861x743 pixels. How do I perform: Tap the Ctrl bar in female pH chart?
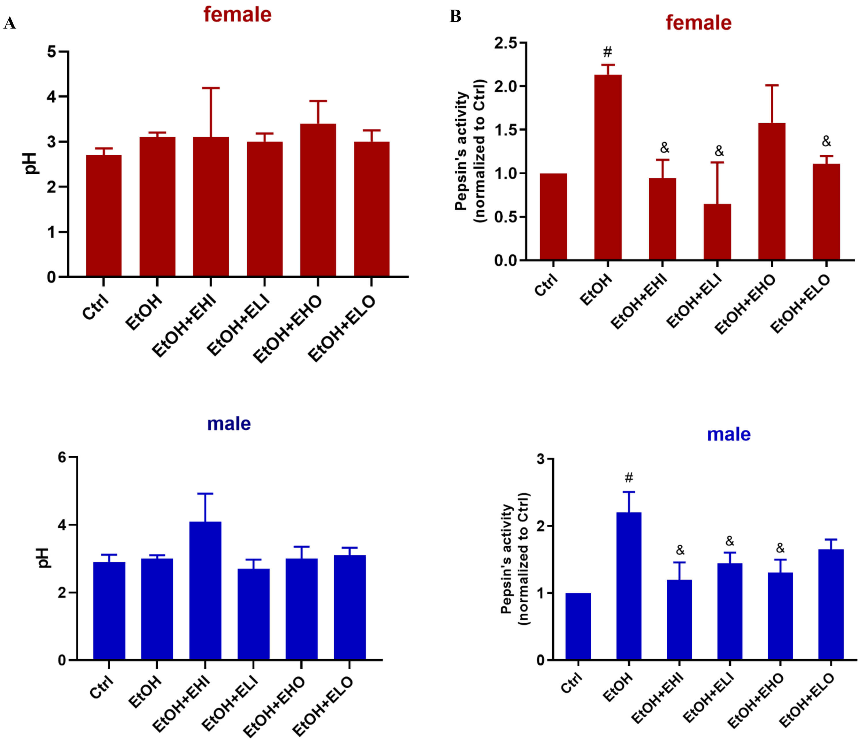pos(104,216)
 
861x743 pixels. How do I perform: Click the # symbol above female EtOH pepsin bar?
pos(607,52)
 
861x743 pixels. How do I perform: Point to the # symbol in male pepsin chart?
pos(629,478)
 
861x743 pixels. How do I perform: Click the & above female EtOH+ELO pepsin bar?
pos(826,142)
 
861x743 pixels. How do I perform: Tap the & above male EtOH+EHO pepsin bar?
pos(780,548)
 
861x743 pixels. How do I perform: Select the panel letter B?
pos(456,17)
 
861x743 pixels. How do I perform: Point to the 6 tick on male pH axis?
pos(62,457)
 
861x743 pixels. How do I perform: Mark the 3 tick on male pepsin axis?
pos(540,459)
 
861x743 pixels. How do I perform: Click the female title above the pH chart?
pos(237,15)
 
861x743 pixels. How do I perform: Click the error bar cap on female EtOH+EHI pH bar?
pos(211,88)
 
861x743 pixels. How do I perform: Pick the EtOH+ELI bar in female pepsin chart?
pos(717,232)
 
